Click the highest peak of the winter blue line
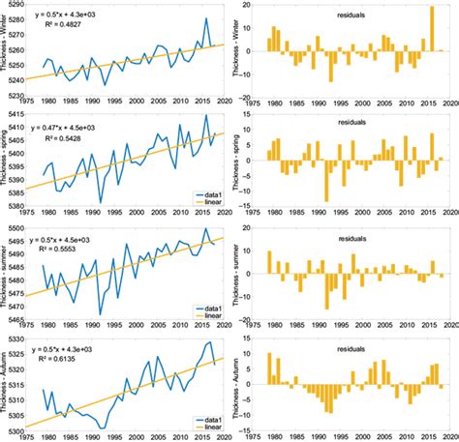pos(206,18)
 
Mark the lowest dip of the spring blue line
pos(102,200)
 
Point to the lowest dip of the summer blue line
pos(102,314)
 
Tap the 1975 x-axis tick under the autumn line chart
pos(26,437)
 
